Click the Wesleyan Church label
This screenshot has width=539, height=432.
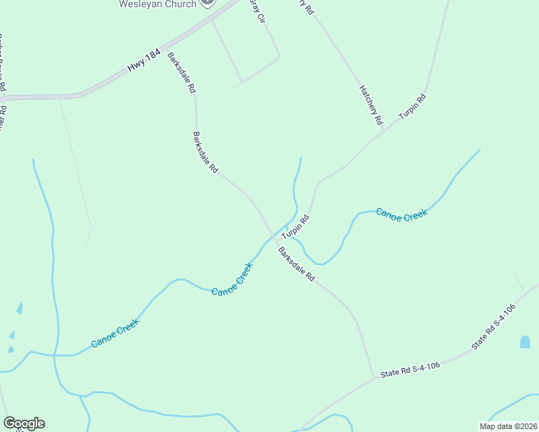[157, 4]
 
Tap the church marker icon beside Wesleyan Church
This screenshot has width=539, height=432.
[208, 2]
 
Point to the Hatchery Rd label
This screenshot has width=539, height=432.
[370, 104]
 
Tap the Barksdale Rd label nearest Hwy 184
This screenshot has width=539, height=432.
[182, 73]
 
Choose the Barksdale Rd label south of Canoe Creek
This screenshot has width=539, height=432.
[297, 264]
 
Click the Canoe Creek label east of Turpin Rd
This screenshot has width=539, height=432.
[401, 215]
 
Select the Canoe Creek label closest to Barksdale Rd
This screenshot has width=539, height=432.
[232, 279]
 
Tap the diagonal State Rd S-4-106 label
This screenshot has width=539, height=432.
[494, 327]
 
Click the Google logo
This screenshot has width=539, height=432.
[24, 423]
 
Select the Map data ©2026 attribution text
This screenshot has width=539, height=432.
[507, 426]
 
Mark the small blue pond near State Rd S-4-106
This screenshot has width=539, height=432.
[525, 343]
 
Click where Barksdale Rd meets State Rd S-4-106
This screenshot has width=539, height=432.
[373, 377]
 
